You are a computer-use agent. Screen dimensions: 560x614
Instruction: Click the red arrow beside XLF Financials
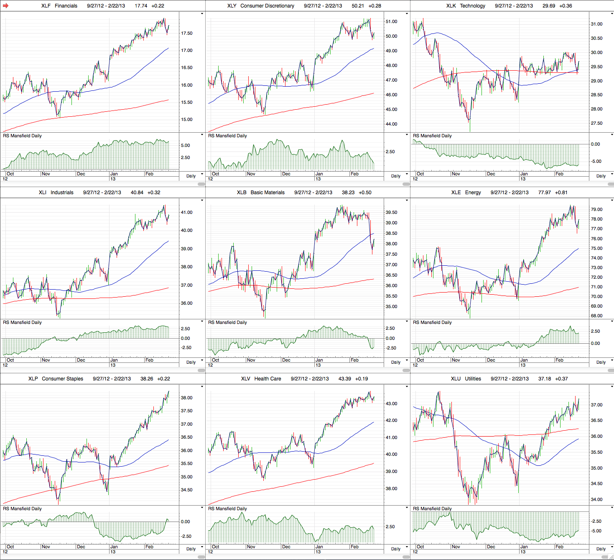coord(5,6)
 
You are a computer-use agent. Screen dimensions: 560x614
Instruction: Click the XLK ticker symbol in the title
coord(451,6)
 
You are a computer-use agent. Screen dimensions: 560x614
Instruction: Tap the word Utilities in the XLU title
coord(473,379)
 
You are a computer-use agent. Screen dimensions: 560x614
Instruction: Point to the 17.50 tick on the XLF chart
coord(186,33)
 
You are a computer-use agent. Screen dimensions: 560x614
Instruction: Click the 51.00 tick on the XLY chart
coord(391,21)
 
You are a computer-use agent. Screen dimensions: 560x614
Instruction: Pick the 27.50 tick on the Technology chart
coord(596,123)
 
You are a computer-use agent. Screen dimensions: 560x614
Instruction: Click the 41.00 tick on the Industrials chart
coord(186,212)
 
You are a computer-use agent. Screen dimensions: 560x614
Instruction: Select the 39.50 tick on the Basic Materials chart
coord(391,213)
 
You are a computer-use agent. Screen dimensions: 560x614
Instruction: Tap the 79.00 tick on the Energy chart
coord(596,209)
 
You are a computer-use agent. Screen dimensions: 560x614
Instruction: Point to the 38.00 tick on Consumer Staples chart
coord(186,398)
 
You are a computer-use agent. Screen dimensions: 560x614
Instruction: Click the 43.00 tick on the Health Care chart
coord(391,404)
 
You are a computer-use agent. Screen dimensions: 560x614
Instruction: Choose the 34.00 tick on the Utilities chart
coord(596,499)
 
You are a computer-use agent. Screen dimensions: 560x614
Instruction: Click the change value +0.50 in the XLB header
coord(365,193)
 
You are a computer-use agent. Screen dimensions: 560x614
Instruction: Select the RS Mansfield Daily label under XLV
coord(227,509)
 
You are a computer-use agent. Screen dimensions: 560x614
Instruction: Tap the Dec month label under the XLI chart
coord(81,360)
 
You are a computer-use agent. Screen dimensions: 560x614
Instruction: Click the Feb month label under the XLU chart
coord(559,547)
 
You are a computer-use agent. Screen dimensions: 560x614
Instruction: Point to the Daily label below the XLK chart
coord(601,176)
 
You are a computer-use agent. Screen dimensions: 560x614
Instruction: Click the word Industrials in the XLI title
coord(62,193)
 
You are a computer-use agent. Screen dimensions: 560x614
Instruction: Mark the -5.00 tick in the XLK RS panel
coord(596,161)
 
